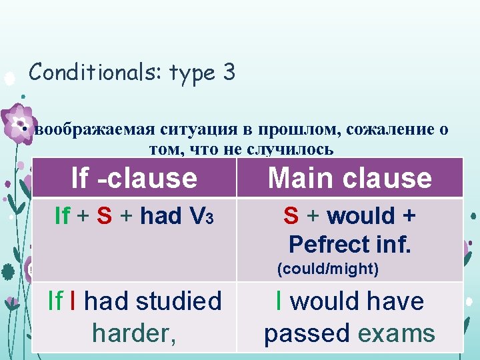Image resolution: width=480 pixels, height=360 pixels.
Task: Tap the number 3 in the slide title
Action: (229, 72)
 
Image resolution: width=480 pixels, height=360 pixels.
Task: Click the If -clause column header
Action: (134, 178)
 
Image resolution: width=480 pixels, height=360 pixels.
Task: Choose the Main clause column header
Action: (349, 178)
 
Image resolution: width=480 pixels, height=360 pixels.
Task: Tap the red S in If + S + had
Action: (104, 216)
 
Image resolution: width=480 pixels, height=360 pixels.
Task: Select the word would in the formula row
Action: (361, 216)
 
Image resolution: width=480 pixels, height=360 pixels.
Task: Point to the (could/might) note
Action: (327, 270)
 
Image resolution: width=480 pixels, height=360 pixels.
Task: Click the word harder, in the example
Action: (134, 332)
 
